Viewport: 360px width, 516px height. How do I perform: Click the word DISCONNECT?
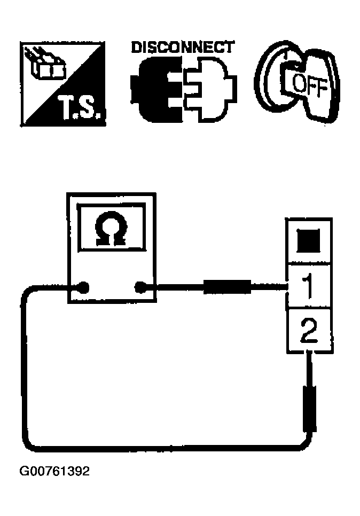[x=182, y=47]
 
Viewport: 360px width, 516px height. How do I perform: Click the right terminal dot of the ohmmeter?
[x=140, y=288]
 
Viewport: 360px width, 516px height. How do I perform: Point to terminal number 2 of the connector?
[x=309, y=332]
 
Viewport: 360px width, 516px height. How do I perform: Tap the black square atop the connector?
[x=309, y=241]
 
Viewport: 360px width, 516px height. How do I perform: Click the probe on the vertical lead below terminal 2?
[x=309, y=409]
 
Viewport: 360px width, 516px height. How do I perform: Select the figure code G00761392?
[x=54, y=472]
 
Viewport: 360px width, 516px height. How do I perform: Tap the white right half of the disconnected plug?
[x=208, y=89]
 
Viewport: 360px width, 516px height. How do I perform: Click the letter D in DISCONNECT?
[x=136, y=47]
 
